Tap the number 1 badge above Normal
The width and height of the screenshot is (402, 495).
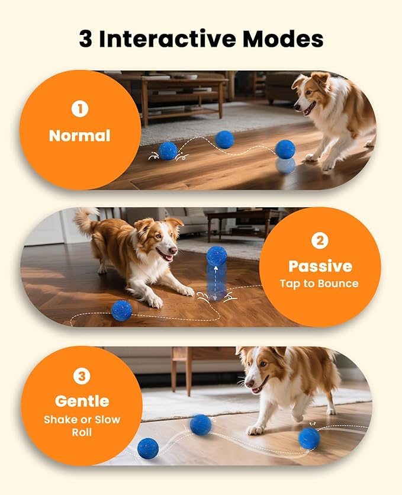79,110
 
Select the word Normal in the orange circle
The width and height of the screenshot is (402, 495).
79,136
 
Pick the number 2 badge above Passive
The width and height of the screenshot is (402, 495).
320,240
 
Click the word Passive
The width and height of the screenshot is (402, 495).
320,266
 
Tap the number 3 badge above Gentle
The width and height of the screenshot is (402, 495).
82,376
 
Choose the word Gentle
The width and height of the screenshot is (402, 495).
82,401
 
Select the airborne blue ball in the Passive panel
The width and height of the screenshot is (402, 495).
217,256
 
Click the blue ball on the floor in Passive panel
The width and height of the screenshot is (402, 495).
121,310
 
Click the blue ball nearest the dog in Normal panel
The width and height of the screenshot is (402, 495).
285,149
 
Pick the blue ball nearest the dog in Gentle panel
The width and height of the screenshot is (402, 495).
309,438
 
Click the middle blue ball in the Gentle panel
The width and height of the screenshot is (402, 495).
201,425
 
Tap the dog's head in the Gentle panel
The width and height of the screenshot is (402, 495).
259,372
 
